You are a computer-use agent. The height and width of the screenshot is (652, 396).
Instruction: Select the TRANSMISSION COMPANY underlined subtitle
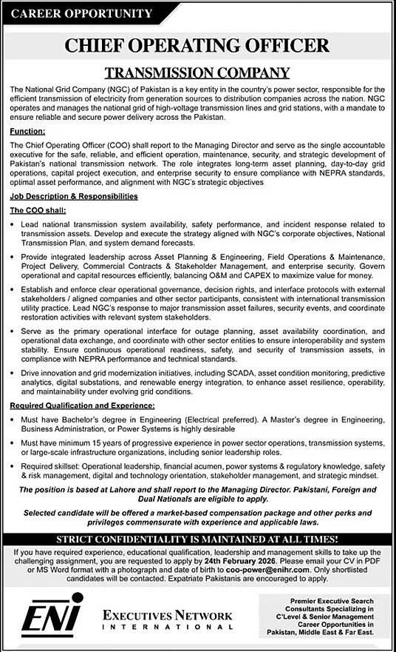pos(197,73)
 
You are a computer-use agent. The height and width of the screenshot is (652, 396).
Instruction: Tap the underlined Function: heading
pos(28,130)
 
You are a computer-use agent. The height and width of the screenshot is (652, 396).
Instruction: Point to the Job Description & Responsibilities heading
pos(73,196)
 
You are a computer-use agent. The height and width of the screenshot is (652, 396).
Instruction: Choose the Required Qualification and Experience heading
pos(82,406)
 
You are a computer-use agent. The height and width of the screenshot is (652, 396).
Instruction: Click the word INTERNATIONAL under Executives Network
pos(166,628)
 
